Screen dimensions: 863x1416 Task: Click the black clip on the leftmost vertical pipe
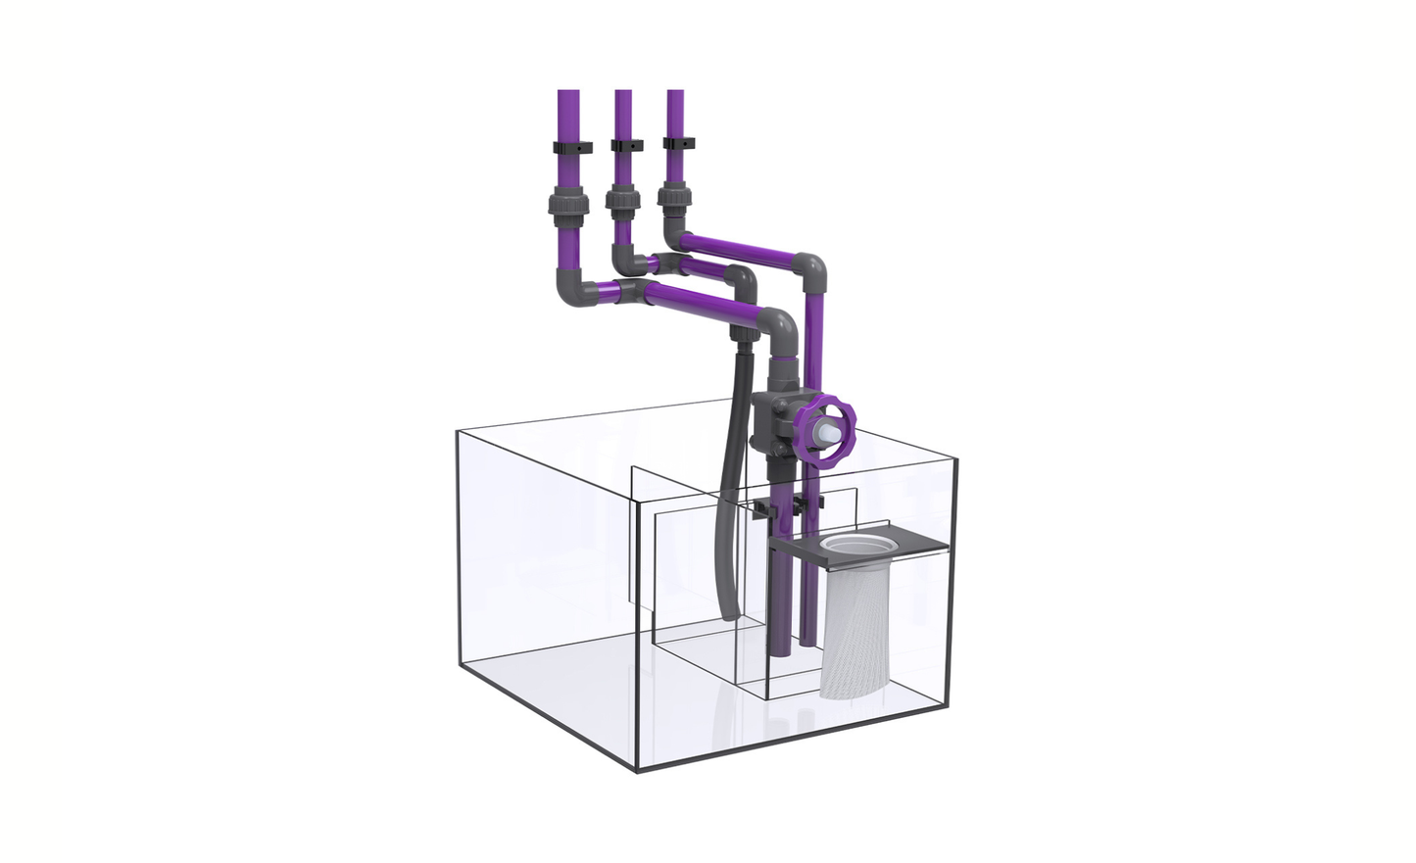tap(572, 149)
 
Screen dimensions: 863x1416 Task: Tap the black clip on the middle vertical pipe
tap(625, 146)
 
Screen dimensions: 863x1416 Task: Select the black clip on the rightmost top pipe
tap(677, 143)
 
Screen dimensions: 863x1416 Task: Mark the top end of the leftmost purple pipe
tap(567, 94)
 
